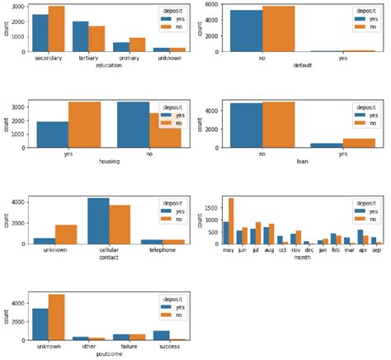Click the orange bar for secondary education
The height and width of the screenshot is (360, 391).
(x=57, y=30)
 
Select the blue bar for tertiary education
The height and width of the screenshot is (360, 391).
(x=80, y=37)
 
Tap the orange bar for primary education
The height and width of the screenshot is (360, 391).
(x=138, y=45)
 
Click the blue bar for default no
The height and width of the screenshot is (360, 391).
(x=247, y=31)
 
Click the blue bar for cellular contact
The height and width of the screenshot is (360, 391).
(x=99, y=221)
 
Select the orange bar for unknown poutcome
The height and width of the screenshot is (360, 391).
(x=57, y=318)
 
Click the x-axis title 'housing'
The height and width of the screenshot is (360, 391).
(x=109, y=162)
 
